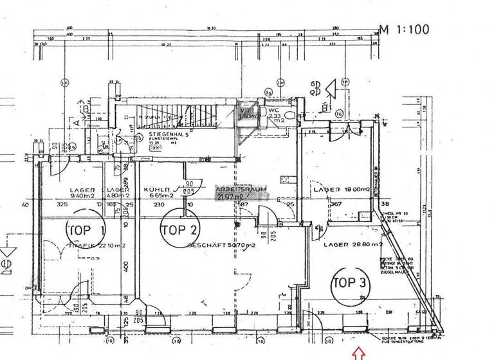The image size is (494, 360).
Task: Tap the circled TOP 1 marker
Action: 87,229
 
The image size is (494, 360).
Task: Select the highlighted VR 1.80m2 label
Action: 247,114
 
